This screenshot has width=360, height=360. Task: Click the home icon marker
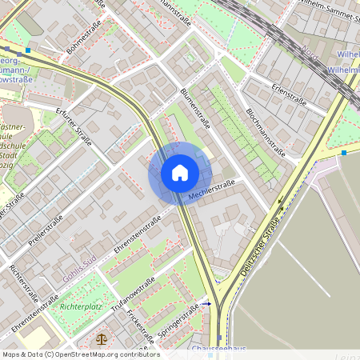click(179, 173)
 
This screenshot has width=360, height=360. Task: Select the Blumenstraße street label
click(194, 110)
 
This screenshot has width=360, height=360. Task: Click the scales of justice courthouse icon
click(100, 339)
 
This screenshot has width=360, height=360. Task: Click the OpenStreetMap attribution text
click(80, 354)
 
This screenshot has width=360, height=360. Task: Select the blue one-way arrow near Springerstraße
click(206, 304)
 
